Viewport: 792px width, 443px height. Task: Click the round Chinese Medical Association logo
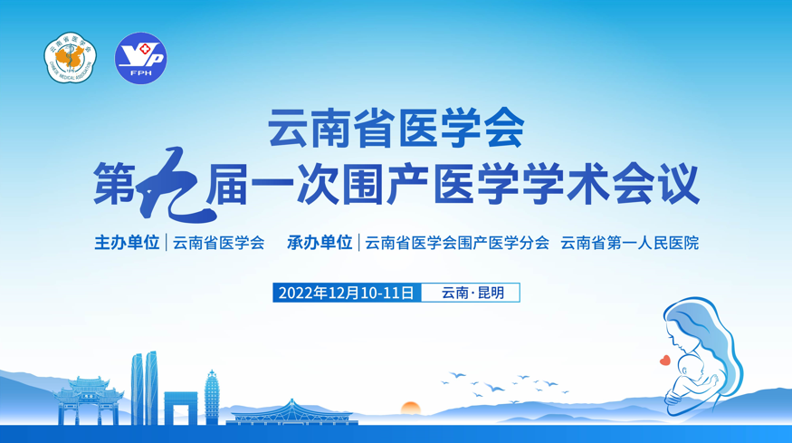click(x=71, y=58)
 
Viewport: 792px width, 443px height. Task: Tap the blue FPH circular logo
click(x=141, y=58)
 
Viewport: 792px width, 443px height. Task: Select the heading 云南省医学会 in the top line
click(x=396, y=128)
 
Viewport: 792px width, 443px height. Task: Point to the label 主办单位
click(x=127, y=243)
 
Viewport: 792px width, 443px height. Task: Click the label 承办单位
click(x=320, y=243)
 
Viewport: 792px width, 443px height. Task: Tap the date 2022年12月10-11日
click(x=347, y=293)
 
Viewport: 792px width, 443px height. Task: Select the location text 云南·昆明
click(x=472, y=293)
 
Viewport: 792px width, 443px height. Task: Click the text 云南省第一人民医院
click(x=629, y=244)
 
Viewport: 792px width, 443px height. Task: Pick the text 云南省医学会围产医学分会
click(x=457, y=244)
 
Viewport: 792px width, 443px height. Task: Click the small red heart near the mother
click(x=665, y=360)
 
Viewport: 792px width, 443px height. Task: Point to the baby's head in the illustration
click(x=690, y=366)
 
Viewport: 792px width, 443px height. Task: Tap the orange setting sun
click(x=411, y=408)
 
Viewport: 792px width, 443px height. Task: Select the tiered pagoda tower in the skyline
click(x=212, y=398)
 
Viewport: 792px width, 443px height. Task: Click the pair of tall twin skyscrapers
click(x=145, y=389)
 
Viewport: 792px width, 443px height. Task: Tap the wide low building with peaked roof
click(x=292, y=413)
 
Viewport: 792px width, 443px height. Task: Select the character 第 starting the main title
click(x=114, y=183)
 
